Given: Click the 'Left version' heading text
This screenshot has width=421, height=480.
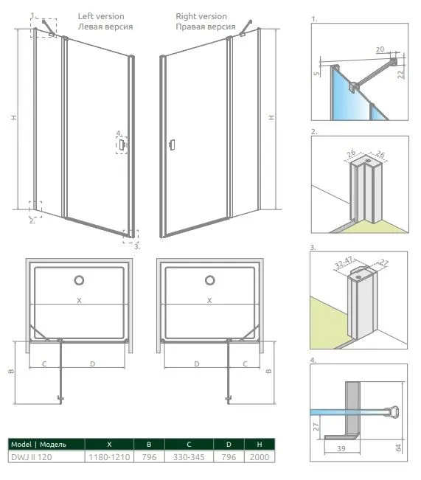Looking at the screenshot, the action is [x=101, y=16].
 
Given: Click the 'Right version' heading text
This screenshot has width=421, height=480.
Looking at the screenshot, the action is [x=201, y=16].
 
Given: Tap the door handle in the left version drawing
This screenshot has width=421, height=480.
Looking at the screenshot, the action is [x=122, y=145].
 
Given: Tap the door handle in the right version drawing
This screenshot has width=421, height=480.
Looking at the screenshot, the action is [x=172, y=145].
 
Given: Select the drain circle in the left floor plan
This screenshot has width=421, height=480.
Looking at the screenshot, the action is [x=79, y=280].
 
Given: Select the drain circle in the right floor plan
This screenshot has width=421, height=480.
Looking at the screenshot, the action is [x=209, y=280].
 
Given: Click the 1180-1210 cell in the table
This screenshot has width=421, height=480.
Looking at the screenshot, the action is [x=109, y=457].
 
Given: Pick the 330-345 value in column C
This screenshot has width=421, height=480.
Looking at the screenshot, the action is [x=189, y=457].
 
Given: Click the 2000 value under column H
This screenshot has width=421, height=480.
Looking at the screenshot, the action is [x=260, y=457].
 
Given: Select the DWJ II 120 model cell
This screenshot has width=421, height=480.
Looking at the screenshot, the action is [x=32, y=457].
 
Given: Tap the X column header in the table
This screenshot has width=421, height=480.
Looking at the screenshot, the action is [x=109, y=444].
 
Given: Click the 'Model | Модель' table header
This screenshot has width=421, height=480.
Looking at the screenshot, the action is [x=38, y=444].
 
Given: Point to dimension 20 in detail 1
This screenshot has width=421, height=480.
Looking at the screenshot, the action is [x=380, y=49].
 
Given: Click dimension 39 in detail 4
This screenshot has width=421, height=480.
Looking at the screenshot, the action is [x=341, y=448].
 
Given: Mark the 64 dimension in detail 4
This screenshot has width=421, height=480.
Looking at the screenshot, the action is [x=398, y=448].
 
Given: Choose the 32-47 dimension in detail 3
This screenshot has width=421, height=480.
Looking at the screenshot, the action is [x=344, y=262].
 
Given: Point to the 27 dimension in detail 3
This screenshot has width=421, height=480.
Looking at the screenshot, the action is [x=383, y=262].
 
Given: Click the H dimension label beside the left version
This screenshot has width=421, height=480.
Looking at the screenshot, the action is [x=14, y=117].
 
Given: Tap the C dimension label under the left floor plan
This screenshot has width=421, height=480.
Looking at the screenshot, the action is [x=44, y=364].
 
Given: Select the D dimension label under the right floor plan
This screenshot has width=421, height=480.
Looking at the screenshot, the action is [x=197, y=364].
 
